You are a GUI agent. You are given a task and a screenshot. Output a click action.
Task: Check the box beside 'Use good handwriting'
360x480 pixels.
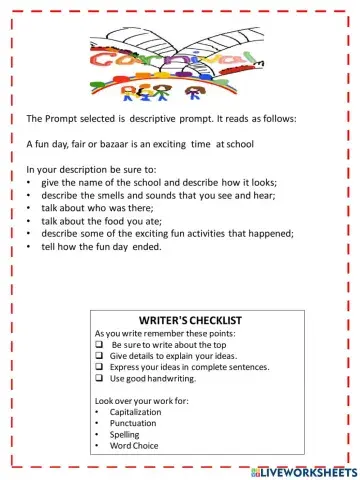[x=99, y=379]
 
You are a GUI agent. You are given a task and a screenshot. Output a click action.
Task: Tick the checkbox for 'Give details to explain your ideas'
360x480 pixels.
[x=99, y=355]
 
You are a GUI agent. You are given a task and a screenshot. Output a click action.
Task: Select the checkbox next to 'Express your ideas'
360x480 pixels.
[x=99, y=367]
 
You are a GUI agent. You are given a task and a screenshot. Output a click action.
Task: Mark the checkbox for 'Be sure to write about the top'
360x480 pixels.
[x=99, y=343]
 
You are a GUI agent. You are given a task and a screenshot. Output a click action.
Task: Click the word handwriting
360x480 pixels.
[x=191, y=379]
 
